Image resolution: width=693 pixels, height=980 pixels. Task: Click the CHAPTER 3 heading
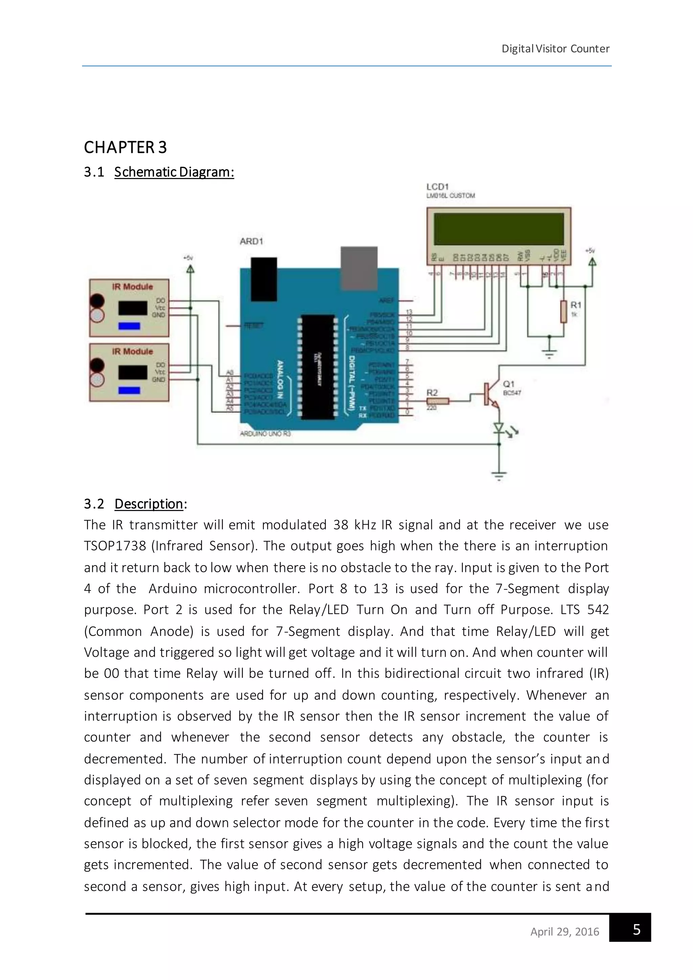point(125,147)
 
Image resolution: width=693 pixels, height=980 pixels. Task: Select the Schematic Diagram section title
point(174,172)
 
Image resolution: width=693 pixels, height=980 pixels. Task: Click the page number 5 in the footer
point(636,929)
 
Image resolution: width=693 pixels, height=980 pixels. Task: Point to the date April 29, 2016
point(564,931)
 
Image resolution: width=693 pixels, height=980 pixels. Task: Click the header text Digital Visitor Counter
point(555,49)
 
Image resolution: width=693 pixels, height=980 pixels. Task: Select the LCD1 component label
point(438,187)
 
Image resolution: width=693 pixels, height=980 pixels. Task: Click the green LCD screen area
point(498,229)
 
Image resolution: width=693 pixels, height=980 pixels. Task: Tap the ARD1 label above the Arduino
point(251,242)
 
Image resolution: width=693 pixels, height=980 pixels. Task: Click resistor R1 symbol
point(564,312)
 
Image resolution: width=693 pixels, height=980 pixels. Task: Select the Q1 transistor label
point(509,384)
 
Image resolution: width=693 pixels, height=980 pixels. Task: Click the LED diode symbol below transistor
point(498,427)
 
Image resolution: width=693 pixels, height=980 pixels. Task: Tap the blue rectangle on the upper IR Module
point(129,326)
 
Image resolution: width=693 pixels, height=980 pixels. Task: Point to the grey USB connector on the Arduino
point(358,268)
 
